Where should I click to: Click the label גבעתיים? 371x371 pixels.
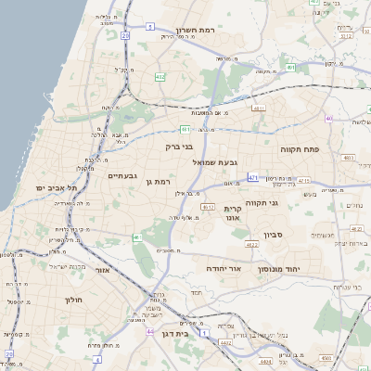tap(122, 175)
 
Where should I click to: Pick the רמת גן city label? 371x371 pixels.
tap(161, 182)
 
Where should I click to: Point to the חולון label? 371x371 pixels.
tap(74, 300)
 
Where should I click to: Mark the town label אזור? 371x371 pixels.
tap(103, 270)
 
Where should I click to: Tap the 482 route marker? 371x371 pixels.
tap(160, 77)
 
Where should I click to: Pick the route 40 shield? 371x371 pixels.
tap(329, 119)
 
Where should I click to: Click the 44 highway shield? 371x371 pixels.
tap(150, 330)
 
